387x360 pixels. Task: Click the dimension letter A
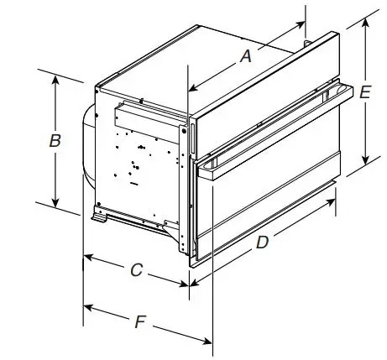tap(246, 56)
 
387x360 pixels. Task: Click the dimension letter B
tap(55, 141)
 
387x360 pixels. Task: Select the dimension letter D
tap(262, 243)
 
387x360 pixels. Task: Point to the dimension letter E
tap(364, 94)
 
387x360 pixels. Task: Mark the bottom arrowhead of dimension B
tap(56, 204)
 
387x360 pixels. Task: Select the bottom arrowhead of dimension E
tap(367, 164)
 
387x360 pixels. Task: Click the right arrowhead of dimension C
tap(189, 284)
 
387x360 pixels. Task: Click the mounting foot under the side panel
tap(103, 217)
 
